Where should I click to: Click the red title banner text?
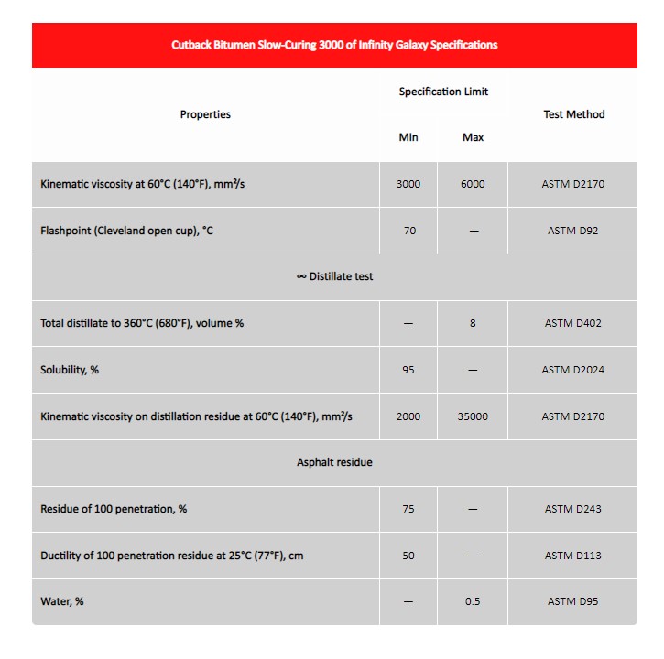pos(334,45)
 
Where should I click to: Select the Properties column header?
pos(205,114)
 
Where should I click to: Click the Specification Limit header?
pos(443,92)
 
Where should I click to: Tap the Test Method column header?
pos(573,114)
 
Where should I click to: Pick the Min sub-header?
pos(408,137)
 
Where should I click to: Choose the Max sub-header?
pos(473,137)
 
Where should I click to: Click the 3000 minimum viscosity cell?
pos(408,184)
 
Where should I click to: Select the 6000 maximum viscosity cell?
pos(473,184)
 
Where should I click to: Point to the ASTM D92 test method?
pos(572,231)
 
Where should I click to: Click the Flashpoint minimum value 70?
pos(409,231)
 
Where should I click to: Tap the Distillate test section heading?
pos(334,276)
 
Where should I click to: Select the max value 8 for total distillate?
pos(473,323)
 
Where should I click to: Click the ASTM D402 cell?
pos(572,323)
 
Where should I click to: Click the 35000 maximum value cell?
pos(473,416)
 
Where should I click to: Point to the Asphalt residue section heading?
pos(334,462)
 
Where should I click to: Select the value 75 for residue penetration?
pos(408,509)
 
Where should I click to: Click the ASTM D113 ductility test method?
pos(572,556)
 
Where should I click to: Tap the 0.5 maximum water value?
pos(473,601)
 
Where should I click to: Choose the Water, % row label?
pos(62,601)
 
